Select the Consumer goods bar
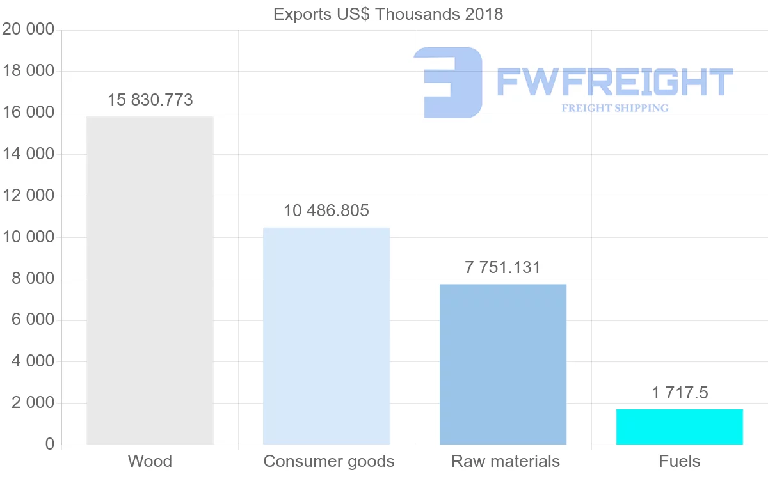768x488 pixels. coord(326,336)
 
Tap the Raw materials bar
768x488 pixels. coord(503,364)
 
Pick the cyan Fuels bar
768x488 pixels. coord(680,427)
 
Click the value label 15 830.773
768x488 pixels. coord(150,100)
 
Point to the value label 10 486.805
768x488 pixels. coord(326,211)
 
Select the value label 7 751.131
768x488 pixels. coord(503,268)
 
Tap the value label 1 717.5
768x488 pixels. coord(680,393)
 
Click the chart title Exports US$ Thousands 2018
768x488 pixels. coord(388,14)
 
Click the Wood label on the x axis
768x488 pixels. coord(150,461)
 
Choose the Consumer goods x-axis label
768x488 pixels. coord(329,461)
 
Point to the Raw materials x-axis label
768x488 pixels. coord(506,461)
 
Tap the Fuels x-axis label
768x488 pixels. coord(680,461)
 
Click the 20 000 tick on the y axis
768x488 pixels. coord(28,29)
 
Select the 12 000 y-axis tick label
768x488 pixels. coord(28,196)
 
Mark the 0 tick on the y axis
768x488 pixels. coord(49,445)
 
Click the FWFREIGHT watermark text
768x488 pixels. coord(614,82)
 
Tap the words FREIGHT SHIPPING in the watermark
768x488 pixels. coord(614,108)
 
